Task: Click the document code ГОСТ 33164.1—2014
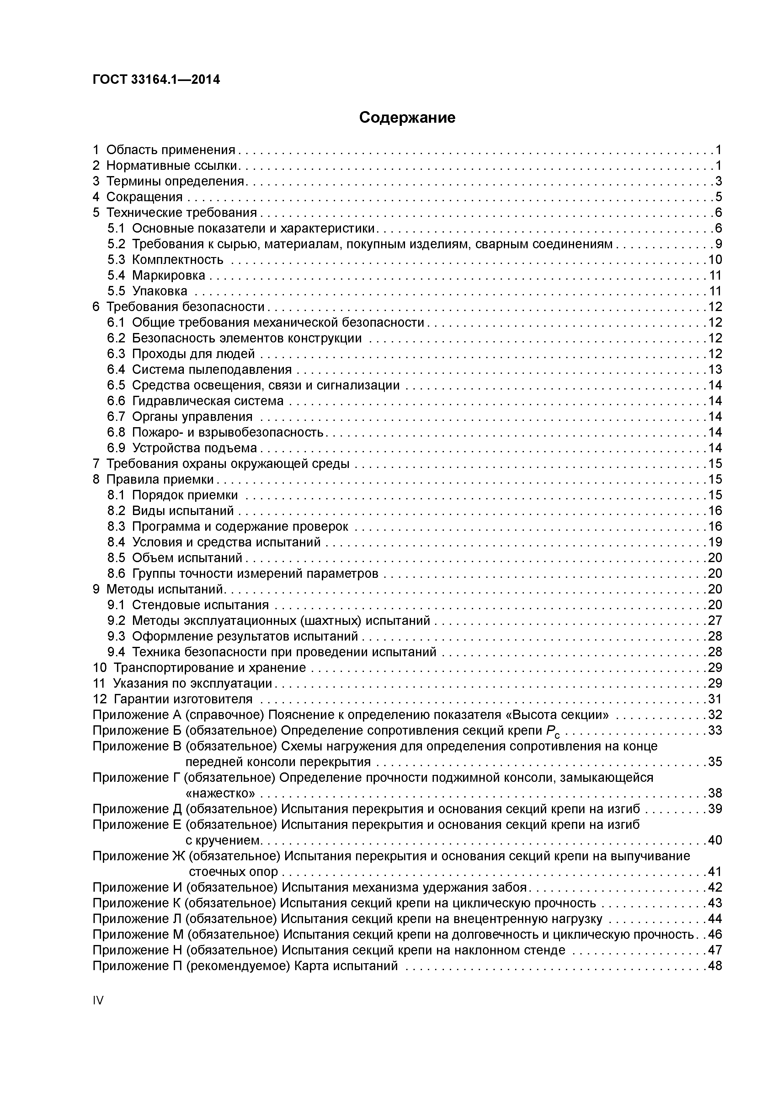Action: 156,80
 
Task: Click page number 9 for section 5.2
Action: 718,244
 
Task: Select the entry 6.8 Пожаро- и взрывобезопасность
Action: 215,432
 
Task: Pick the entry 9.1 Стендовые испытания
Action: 188,605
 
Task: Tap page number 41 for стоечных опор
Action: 715,872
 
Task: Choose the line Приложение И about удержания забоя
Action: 310,888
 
